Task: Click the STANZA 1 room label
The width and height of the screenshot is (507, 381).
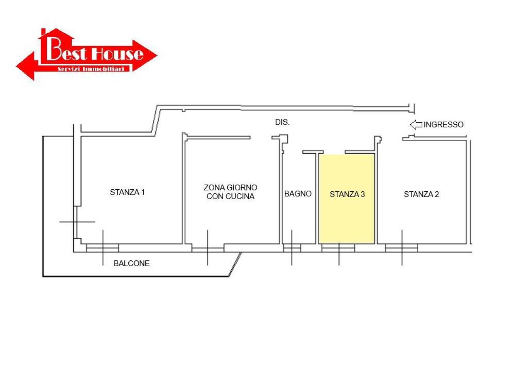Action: (127, 192)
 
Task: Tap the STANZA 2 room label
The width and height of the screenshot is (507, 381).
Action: (421, 194)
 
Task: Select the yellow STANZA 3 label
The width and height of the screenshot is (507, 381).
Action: (347, 194)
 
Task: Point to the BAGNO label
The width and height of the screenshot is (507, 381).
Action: (298, 194)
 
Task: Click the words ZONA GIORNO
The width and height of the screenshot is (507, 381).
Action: (230, 187)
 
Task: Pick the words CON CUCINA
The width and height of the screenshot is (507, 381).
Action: (230, 196)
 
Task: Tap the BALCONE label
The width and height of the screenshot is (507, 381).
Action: (132, 263)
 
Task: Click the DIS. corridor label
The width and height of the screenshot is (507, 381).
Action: (282, 122)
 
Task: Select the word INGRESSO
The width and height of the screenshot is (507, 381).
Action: (444, 125)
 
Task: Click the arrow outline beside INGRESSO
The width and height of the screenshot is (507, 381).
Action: (416, 125)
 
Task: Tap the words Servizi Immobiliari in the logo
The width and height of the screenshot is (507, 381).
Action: (91, 69)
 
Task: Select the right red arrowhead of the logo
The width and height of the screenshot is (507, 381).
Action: (145, 56)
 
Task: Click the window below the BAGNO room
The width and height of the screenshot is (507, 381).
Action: (292, 248)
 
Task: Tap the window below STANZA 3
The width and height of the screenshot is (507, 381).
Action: (338, 248)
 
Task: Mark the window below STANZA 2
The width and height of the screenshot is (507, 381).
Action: (402, 248)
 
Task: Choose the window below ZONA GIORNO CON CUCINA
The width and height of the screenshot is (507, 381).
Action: (208, 248)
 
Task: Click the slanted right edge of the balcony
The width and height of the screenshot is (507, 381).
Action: (235, 264)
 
